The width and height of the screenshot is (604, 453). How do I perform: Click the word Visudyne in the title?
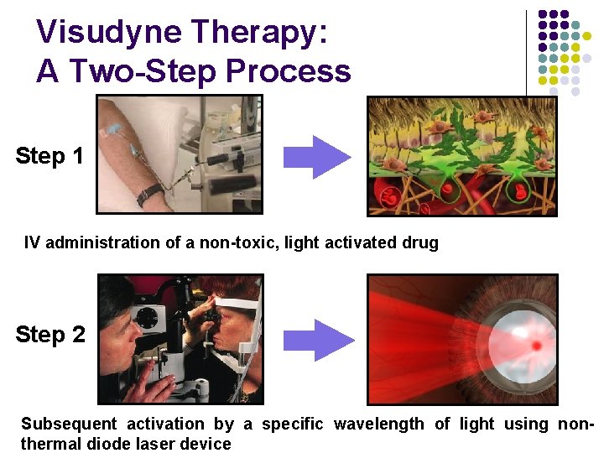tap(109, 34)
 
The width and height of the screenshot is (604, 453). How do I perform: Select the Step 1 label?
tap(49, 156)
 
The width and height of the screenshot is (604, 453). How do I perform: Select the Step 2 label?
tap(50, 335)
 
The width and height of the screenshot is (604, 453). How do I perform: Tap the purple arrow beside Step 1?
tap(316, 157)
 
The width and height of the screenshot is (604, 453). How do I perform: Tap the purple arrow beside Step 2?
tap(317, 339)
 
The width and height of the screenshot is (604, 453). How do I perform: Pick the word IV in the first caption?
tap(32, 243)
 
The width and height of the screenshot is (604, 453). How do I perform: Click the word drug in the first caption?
tap(421, 243)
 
